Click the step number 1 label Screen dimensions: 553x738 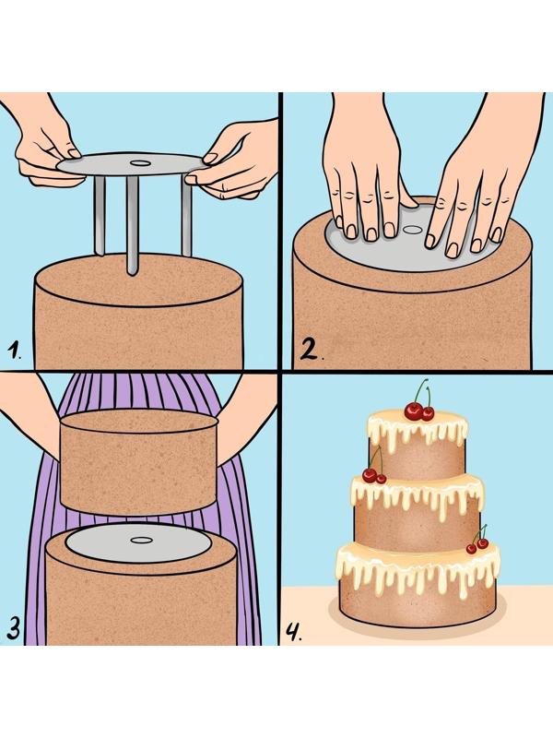click(15, 351)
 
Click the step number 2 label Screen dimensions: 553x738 click(312, 350)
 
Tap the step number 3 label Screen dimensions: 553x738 click(14, 627)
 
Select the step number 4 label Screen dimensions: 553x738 click(294, 632)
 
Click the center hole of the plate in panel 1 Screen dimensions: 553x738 click(140, 163)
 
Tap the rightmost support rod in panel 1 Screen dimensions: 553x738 click(187, 215)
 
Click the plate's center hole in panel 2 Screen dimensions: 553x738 click(413, 230)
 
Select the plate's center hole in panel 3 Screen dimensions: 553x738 click(141, 540)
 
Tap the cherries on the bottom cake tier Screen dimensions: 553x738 click(477, 542)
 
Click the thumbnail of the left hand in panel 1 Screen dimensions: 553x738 click(74, 153)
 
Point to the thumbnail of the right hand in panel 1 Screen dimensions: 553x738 click(210, 158)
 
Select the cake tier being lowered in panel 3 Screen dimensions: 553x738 click(139, 462)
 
